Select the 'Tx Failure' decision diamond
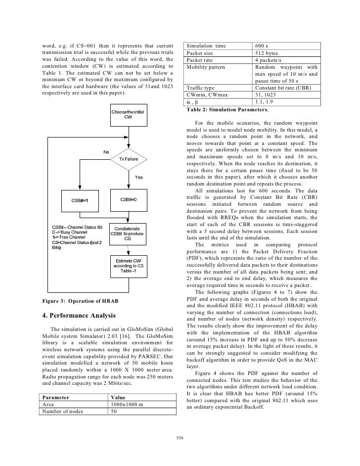coord(129,158)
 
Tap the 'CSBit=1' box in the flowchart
coord(79,200)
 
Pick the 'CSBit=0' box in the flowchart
coord(128,200)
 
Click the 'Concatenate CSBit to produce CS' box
coord(127,233)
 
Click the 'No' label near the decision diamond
coord(106,151)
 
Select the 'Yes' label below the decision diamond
coord(139,177)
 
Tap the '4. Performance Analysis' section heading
coord(80,316)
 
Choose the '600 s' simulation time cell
coord(262,47)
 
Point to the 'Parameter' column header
coord(55,397)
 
